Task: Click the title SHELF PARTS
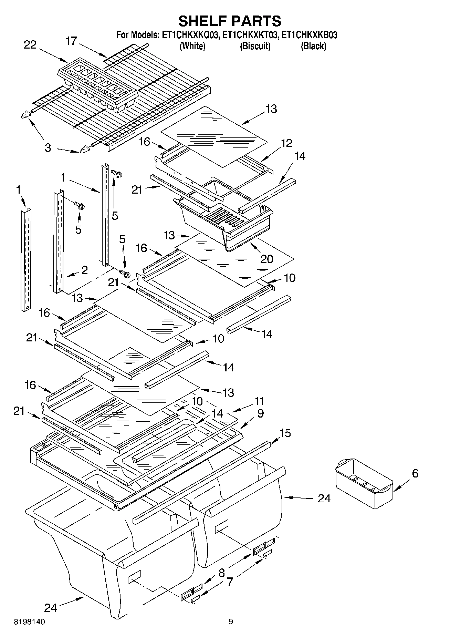pyautogui.click(x=230, y=21)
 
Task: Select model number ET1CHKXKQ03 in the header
pyautogui.click(x=190, y=35)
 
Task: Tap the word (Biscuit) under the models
pyautogui.click(x=255, y=46)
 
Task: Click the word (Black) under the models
pyautogui.click(x=313, y=46)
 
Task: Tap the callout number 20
pyautogui.click(x=266, y=259)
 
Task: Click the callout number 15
pyautogui.click(x=285, y=433)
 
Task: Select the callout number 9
pyautogui.click(x=260, y=413)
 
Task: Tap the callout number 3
pyautogui.click(x=48, y=148)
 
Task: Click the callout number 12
pyautogui.click(x=286, y=143)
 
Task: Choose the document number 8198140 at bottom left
pyautogui.click(x=29, y=622)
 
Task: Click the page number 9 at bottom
pyautogui.click(x=231, y=621)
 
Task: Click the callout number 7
pyautogui.click(x=230, y=582)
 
